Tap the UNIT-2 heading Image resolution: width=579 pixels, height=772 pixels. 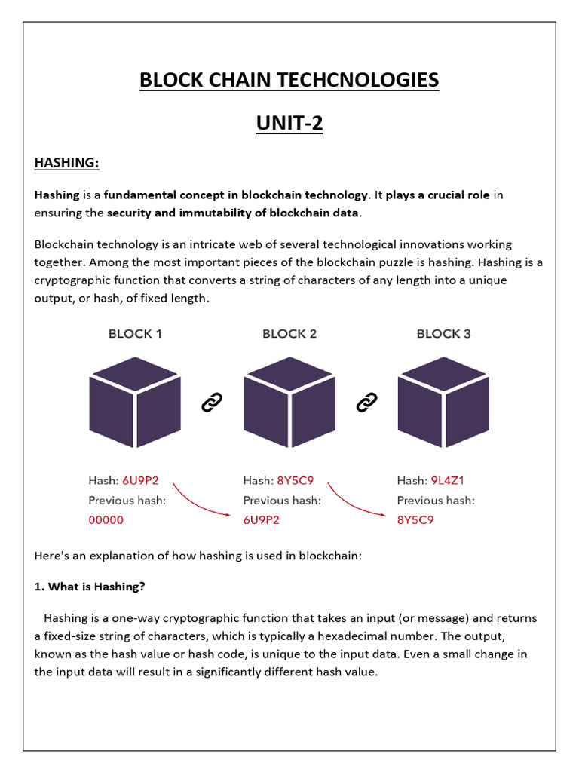point(289,123)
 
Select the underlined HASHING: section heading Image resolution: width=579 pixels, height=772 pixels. point(67,163)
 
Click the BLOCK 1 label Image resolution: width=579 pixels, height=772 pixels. point(135,333)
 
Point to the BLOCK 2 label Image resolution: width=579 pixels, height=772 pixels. point(289,333)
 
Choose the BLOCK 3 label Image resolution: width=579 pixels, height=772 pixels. point(443,333)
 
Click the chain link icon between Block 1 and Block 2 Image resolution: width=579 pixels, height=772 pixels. point(212,403)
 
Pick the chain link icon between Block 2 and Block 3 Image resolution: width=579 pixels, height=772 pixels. point(366,403)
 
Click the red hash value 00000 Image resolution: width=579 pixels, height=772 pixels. point(106,519)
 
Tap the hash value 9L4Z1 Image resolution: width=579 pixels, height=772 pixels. point(447,480)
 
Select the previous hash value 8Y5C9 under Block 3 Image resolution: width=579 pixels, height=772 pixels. point(415,519)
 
